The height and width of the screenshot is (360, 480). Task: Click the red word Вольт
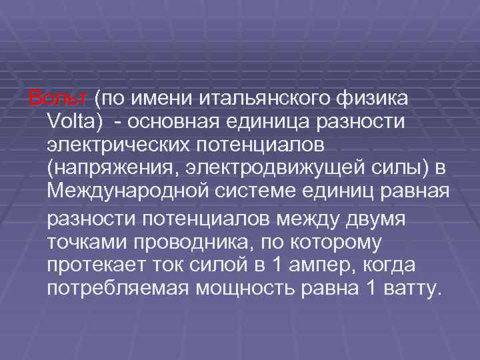(57, 99)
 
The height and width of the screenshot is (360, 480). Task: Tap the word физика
(373, 99)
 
